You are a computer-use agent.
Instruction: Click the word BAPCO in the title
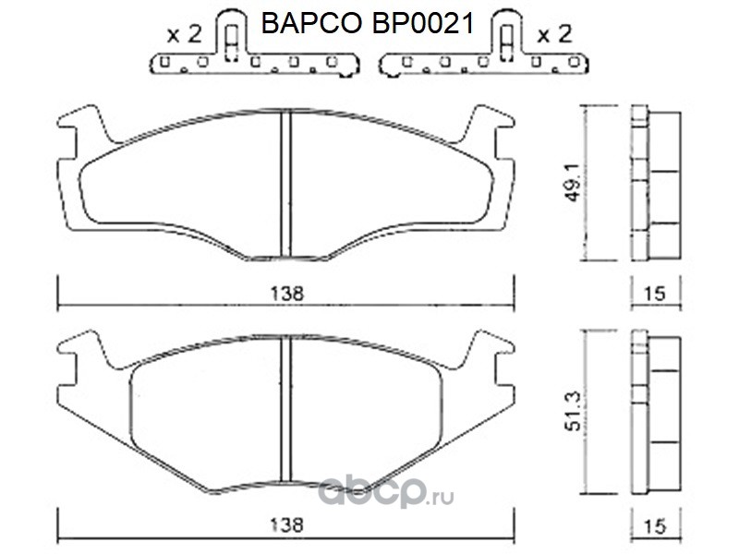point(311,24)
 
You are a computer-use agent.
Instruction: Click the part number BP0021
point(423,24)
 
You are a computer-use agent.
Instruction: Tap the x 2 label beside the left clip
point(184,34)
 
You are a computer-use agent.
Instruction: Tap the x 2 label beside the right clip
point(554,34)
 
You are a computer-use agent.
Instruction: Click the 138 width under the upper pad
point(287,294)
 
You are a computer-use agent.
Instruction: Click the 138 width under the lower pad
point(287,524)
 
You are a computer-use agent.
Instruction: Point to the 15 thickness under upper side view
point(655,294)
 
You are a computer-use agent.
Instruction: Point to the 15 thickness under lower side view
point(655,525)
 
